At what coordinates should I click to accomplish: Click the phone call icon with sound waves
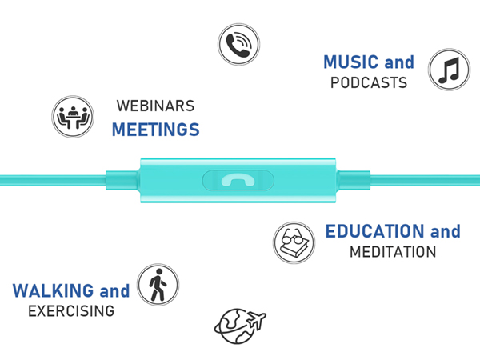[238, 44]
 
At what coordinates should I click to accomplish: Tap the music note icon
[449, 70]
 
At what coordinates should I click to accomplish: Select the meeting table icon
[73, 117]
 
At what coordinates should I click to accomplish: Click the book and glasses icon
[294, 242]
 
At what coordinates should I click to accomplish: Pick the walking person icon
[158, 285]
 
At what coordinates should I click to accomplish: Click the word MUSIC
[351, 62]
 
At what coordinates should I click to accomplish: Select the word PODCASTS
[369, 82]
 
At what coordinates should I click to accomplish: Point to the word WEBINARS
[155, 106]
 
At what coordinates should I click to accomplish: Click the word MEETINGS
[156, 130]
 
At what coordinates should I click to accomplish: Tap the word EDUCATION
[374, 231]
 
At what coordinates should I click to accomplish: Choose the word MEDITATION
[393, 252]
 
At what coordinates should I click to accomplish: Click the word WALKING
[54, 290]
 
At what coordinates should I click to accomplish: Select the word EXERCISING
[71, 311]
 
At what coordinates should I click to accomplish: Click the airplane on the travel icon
[257, 319]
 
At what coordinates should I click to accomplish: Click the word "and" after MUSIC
[399, 62]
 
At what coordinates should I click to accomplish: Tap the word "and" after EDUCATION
[446, 231]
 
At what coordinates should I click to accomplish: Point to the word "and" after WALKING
[114, 290]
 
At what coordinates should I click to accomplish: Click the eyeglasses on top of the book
[292, 236]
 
